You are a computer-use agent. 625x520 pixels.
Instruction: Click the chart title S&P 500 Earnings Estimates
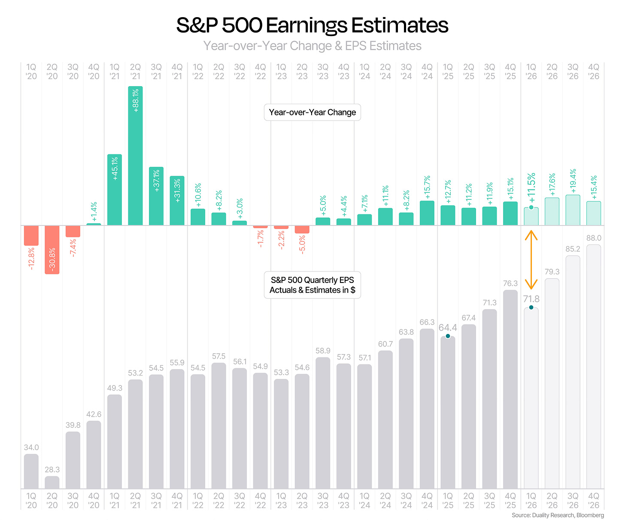point(312,25)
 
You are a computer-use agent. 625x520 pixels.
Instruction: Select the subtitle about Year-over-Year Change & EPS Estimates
point(312,46)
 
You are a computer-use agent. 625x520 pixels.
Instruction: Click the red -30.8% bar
point(52,249)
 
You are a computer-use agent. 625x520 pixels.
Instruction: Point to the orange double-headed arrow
point(531,260)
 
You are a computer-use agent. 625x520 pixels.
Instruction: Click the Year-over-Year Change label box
point(312,112)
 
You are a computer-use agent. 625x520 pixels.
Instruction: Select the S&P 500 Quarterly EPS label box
point(312,285)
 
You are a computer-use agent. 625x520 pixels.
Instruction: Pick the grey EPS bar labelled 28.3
point(52,482)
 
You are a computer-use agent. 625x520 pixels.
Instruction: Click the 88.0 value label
point(594,238)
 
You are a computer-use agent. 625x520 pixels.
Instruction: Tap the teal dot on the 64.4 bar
point(448,336)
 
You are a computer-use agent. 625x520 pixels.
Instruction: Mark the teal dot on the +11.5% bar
point(531,207)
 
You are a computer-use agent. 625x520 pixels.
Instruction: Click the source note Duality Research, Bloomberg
point(558,515)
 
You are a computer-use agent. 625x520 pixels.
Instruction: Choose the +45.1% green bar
point(115,189)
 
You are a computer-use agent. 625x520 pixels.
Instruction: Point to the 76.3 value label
point(510,283)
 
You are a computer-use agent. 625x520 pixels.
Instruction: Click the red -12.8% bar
point(31,235)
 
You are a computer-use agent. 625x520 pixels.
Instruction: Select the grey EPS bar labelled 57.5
point(219,426)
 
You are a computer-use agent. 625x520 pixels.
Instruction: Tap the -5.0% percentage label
point(302,244)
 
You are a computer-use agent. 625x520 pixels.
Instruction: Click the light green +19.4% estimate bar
point(573,210)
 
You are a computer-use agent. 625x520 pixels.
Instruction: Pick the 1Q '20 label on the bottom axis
point(31,500)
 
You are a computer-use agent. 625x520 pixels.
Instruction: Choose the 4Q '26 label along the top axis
point(594,72)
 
